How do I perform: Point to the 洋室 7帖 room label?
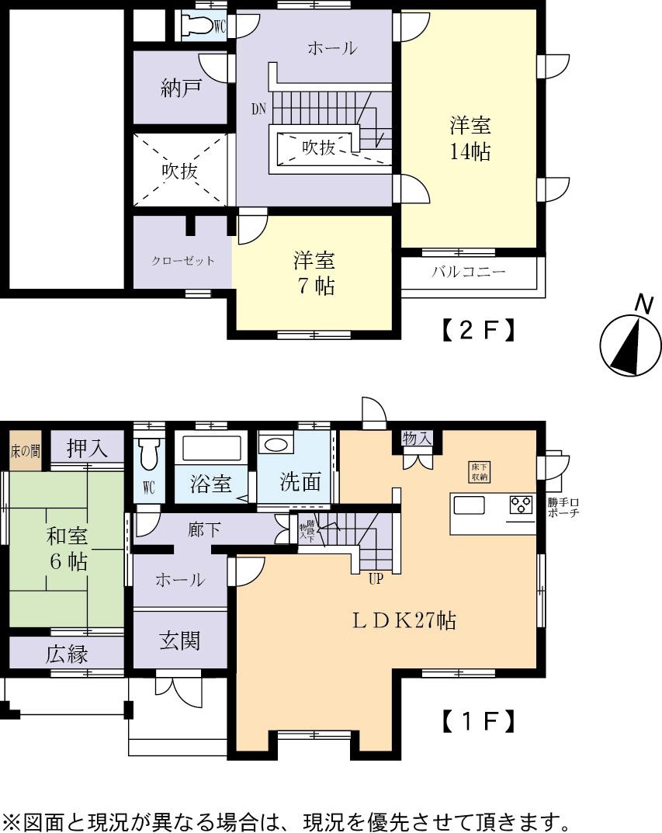[x=314, y=272]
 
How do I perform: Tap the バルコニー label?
[x=468, y=272]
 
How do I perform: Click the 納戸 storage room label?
[x=182, y=87]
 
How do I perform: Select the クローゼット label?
[x=182, y=261]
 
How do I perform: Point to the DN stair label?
[x=258, y=109]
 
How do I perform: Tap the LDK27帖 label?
[x=404, y=620]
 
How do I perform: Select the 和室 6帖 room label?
[x=67, y=548]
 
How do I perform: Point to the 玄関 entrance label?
[x=180, y=640]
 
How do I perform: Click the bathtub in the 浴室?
[x=212, y=449]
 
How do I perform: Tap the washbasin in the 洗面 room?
[x=276, y=445]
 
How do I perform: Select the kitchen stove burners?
[x=520, y=505]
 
